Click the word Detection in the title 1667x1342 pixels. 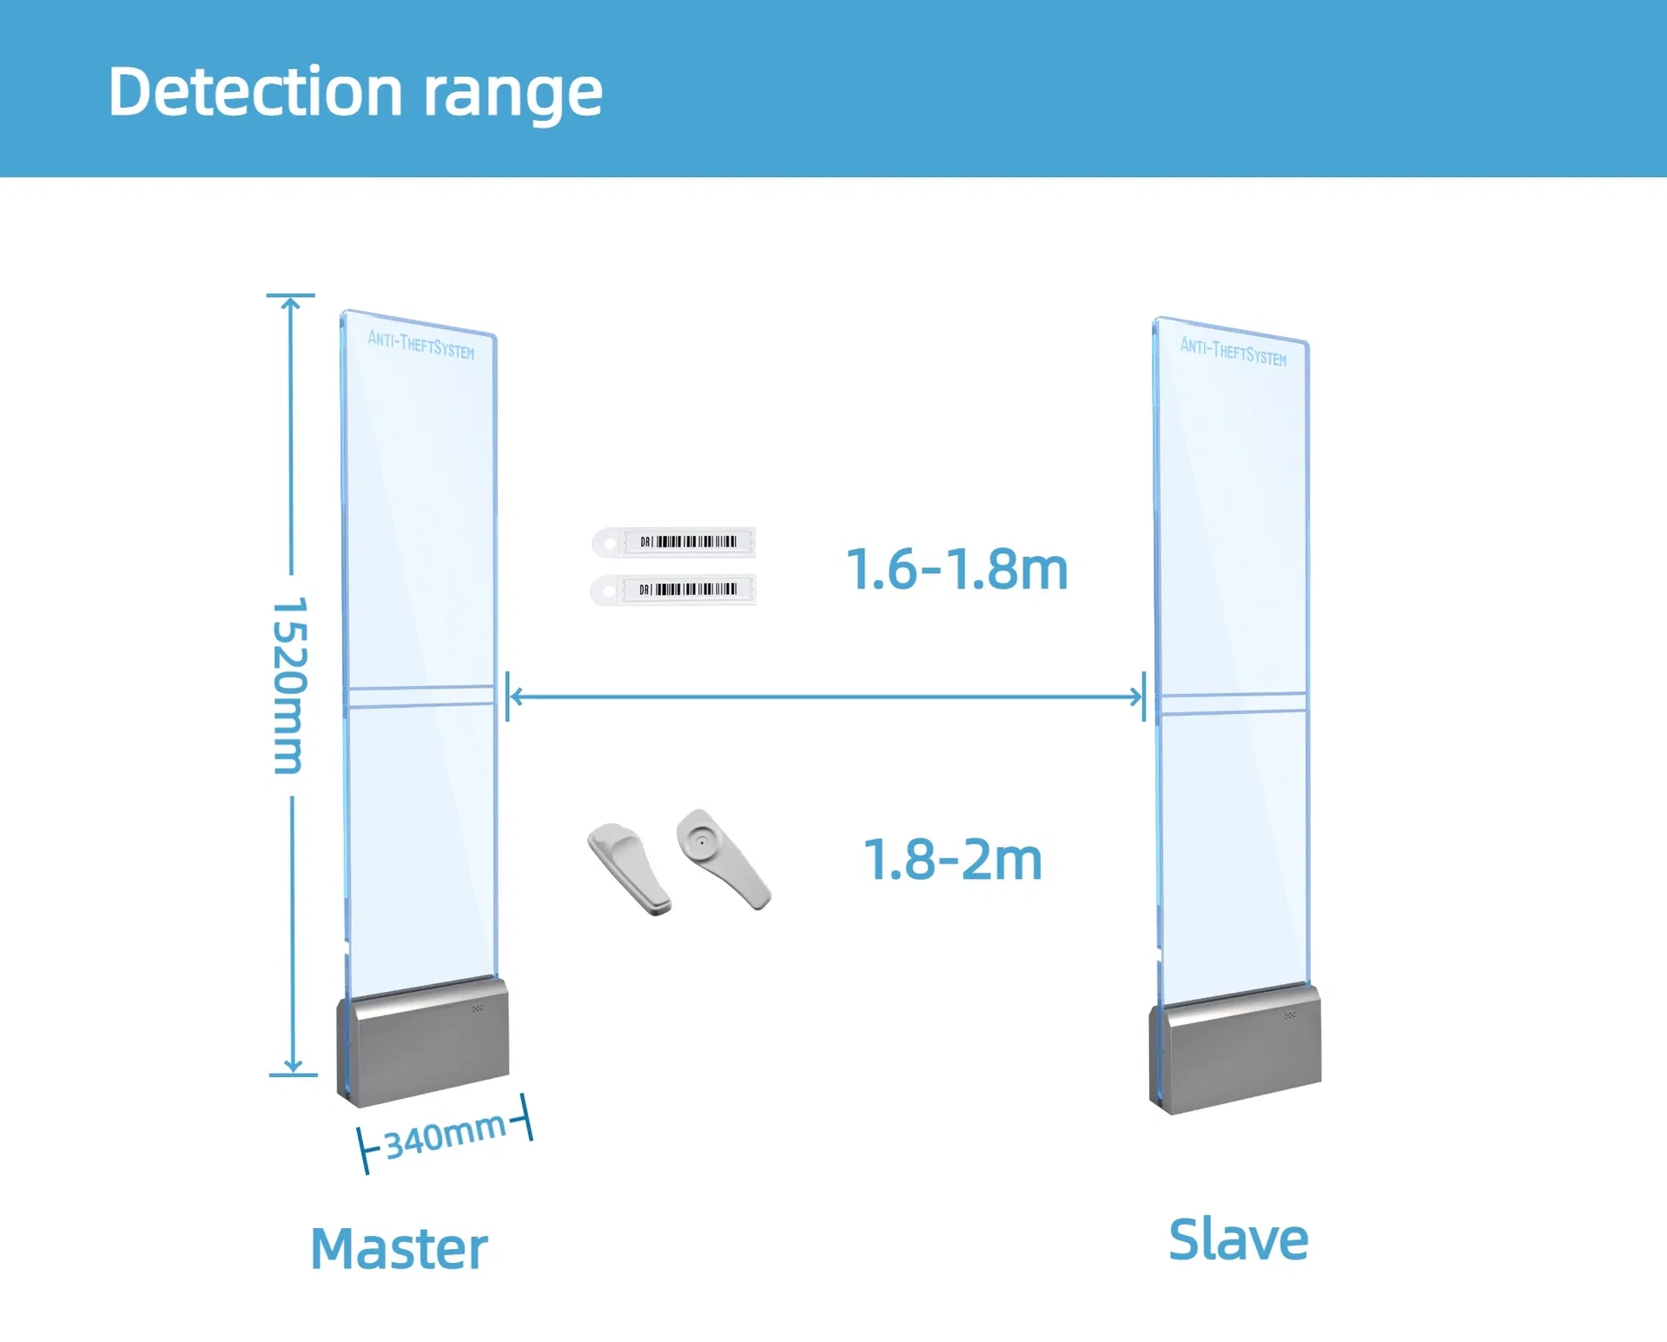pos(255,91)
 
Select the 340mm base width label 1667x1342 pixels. pos(445,1134)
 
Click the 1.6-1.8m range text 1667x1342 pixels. pos(956,570)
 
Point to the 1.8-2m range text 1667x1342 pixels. pos(953,860)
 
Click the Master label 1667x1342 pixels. pos(399,1248)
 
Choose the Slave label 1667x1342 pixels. pos(1238,1240)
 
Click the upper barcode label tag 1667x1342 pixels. pos(673,542)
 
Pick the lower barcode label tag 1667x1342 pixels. pos(673,590)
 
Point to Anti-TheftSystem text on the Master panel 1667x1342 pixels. pos(421,344)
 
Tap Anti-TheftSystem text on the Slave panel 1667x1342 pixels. pos(1233,352)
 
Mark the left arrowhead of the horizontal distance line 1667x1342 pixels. pos(515,696)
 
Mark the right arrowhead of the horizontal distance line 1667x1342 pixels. pos(1135,696)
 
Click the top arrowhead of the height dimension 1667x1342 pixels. pos(292,303)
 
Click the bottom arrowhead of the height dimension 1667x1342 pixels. pos(293,1066)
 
